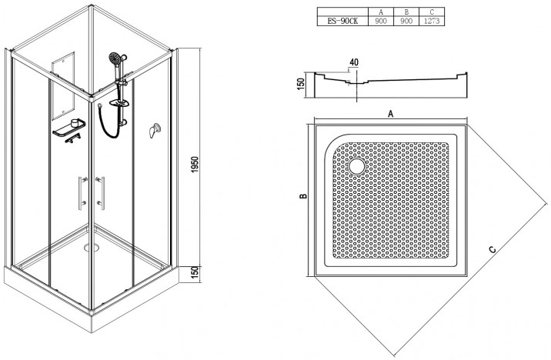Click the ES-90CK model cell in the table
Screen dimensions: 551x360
coord(342,21)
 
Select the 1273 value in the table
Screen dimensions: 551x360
coord(432,21)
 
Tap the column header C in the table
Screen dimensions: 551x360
coord(432,12)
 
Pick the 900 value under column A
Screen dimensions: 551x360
coord(381,21)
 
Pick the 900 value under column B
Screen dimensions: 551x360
coord(406,21)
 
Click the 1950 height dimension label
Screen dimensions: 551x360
coord(195,164)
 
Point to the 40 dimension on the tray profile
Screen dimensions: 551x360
coord(354,62)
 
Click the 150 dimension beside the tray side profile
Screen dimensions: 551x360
coord(300,84)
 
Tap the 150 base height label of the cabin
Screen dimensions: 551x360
coord(195,273)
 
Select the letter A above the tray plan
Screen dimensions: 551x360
coord(390,114)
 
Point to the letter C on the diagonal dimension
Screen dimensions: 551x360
coord(493,249)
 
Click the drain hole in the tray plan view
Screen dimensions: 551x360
coord(357,166)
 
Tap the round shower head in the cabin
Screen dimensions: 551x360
coord(115,58)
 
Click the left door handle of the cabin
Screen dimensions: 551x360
coord(82,193)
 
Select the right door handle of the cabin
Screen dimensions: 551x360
coord(101,193)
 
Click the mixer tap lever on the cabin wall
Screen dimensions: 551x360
coord(154,130)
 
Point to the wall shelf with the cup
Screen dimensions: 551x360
coord(69,128)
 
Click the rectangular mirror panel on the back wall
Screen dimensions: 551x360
coord(63,85)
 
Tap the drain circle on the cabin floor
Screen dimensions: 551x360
coord(92,248)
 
